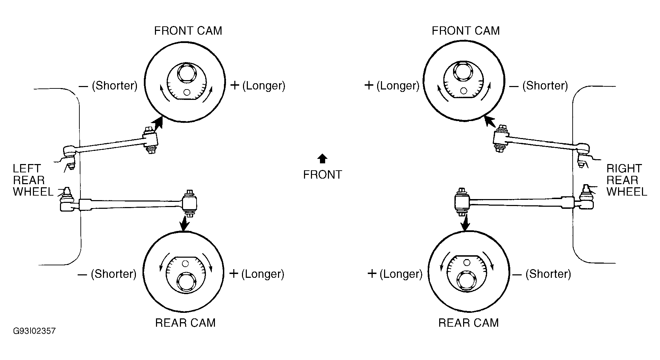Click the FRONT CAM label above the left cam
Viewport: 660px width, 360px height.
188,31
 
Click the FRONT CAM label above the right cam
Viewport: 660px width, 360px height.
466,31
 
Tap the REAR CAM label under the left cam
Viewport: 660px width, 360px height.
185,323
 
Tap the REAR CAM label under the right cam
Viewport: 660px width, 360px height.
469,323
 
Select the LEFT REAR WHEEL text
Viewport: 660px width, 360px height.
33,180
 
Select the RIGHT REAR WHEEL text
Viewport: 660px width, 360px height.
627,180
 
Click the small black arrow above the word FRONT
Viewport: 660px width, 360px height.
322,158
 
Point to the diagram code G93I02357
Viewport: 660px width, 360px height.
34,331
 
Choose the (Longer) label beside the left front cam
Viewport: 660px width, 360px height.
264,86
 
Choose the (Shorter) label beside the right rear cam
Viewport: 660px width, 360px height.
548,274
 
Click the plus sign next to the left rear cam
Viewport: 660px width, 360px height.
234,274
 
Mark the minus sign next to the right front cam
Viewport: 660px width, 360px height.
514,86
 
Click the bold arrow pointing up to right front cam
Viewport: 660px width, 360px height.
490,122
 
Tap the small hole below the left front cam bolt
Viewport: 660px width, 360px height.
187,92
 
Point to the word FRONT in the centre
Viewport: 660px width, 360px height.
323,175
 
